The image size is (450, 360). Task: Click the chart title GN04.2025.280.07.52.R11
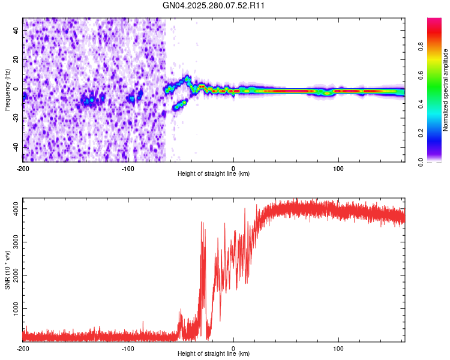(x=214, y=6)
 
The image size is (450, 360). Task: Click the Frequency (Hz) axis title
(x=7, y=89)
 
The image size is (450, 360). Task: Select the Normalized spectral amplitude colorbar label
(x=445, y=90)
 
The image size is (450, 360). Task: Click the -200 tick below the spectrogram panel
(x=23, y=167)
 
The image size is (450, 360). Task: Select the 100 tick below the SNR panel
(x=339, y=348)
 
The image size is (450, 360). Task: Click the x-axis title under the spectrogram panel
(x=214, y=174)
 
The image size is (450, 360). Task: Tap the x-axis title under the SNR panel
(x=214, y=355)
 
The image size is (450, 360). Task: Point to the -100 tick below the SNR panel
(x=128, y=348)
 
